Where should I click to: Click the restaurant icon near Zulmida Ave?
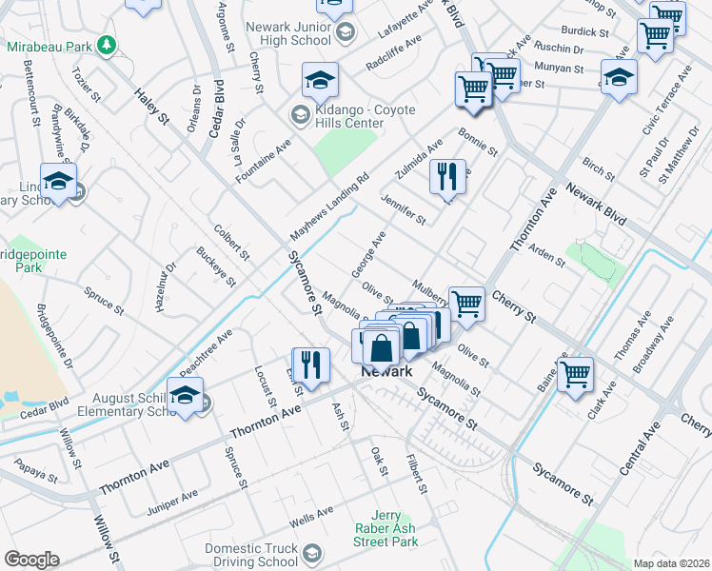(x=446, y=176)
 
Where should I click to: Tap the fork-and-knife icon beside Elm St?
(x=310, y=364)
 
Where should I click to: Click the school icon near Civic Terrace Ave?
(x=619, y=77)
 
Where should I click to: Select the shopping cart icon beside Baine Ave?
(x=575, y=374)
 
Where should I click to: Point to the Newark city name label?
(x=386, y=372)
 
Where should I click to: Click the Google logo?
(x=31, y=560)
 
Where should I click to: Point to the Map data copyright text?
(x=672, y=562)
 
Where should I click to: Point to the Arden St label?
(x=546, y=254)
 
